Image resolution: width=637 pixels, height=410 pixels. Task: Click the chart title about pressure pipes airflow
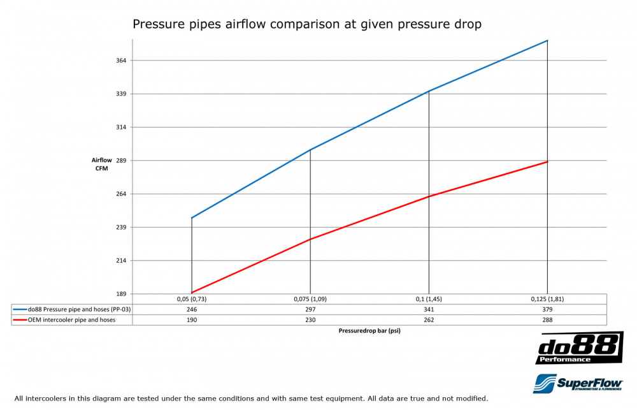[x=306, y=25]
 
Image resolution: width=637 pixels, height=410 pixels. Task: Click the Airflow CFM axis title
[x=101, y=165]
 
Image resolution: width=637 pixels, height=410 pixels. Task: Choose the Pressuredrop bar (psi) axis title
[x=369, y=331]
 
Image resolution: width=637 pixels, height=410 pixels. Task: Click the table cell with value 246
[x=192, y=309]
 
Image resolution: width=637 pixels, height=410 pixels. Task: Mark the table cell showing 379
[x=547, y=309]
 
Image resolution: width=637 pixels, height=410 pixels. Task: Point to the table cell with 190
[x=192, y=320]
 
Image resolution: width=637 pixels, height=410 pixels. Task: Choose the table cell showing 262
[x=429, y=320]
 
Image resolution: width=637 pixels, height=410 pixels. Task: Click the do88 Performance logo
[x=578, y=348]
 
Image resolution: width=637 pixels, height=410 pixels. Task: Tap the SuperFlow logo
[x=578, y=384]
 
